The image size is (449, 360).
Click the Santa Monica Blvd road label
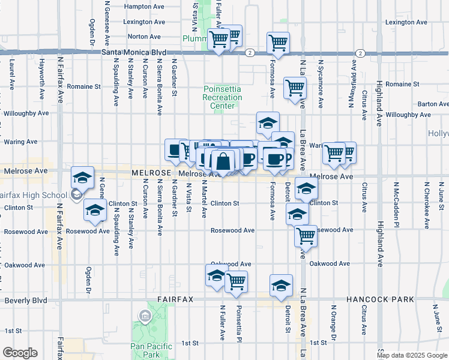tap(134, 52)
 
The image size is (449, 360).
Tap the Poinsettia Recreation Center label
tap(221, 97)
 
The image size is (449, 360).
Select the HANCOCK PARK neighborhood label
tap(381, 299)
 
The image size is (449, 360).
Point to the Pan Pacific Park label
tap(151, 350)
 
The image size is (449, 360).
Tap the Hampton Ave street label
tap(143, 7)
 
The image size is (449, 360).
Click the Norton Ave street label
tap(143, 37)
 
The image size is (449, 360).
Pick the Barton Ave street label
tap(433, 104)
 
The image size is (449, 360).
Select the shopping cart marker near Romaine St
tap(295, 88)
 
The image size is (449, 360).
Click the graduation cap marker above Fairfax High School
tap(83, 177)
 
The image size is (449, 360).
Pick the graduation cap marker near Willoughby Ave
tap(268, 123)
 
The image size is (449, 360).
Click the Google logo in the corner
tap(19, 353)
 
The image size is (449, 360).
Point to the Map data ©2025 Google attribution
tap(412, 355)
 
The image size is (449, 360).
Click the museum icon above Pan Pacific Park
tap(145, 316)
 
